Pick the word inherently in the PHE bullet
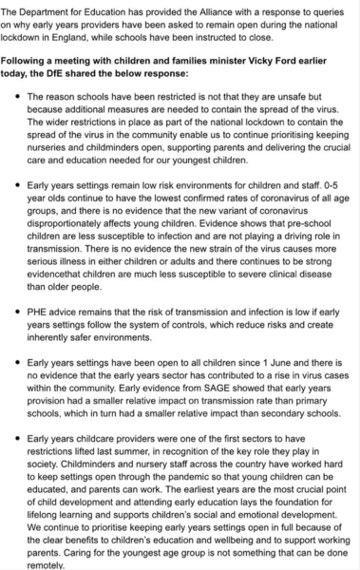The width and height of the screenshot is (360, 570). (x=59, y=348)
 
